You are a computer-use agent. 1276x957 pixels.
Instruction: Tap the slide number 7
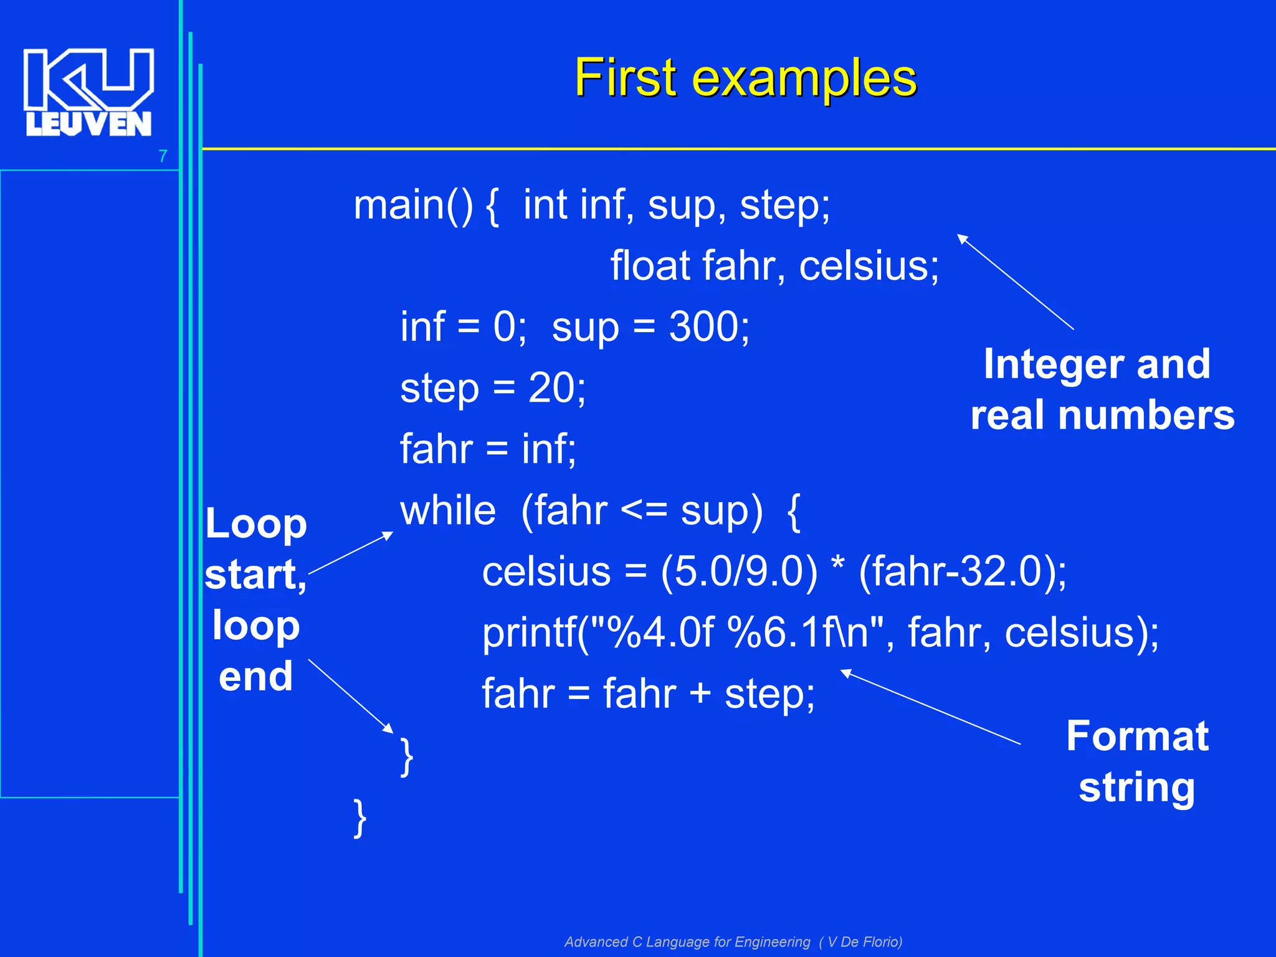(163, 156)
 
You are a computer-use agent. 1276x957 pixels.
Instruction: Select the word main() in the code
(413, 205)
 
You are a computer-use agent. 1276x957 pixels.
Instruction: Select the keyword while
(448, 511)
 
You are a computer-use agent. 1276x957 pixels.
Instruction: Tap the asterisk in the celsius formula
(838, 564)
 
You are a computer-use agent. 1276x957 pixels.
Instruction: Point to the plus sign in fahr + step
(700, 693)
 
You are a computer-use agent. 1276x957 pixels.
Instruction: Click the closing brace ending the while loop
(406, 756)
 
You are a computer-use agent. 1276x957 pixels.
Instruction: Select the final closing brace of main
(360, 817)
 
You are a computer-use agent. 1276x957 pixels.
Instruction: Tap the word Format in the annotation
(1137, 736)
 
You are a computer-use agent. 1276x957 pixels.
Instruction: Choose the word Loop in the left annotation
(256, 524)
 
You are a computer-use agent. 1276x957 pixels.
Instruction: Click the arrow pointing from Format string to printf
(931, 707)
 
